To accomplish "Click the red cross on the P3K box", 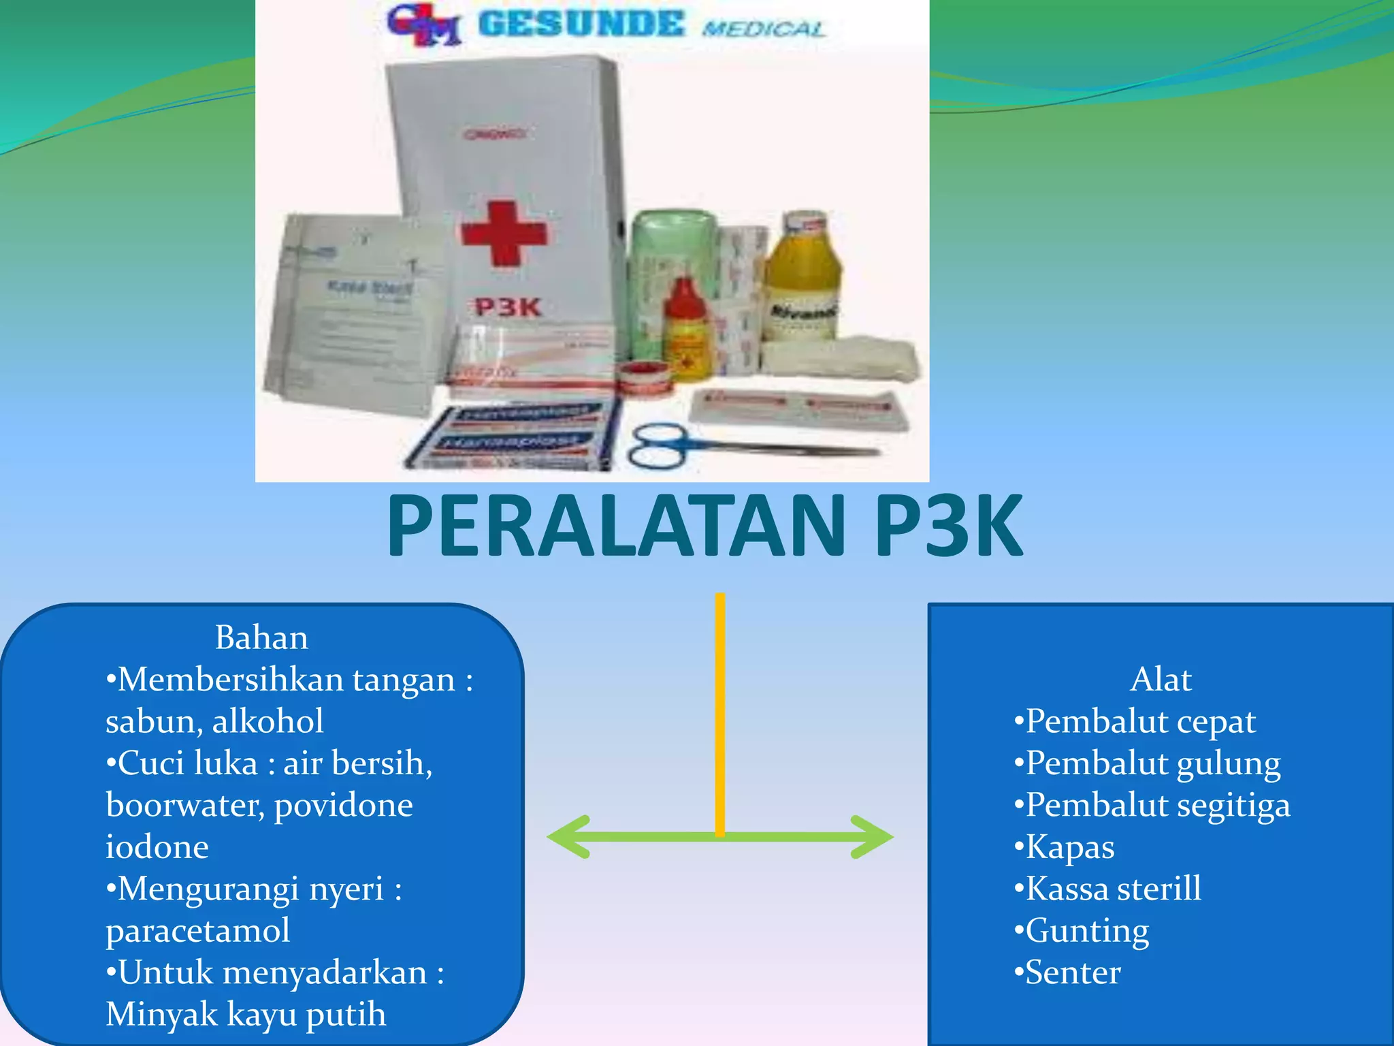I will [x=504, y=233].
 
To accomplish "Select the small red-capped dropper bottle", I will [x=687, y=327].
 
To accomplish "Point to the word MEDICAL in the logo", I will [x=764, y=29].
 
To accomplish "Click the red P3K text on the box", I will [x=508, y=308].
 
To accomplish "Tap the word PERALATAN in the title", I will [x=616, y=526].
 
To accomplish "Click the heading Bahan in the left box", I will [x=261, y=637].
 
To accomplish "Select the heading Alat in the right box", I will [x=1161, y=679].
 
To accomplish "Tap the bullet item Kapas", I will [x=1069, y=847].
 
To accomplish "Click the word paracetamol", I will [x=198, y=930].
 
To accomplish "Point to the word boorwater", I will [x=184, y=805].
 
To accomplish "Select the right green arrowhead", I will [x=875, y=836].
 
